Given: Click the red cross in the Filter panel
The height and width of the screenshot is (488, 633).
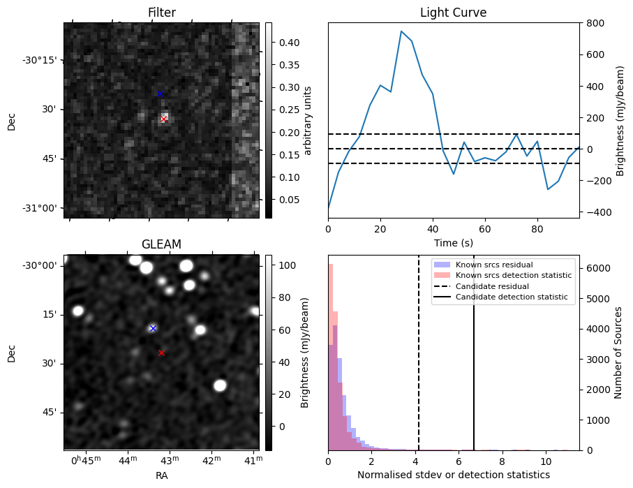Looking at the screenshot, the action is point(163,119).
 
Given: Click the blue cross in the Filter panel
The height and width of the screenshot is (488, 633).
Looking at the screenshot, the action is point(160,94).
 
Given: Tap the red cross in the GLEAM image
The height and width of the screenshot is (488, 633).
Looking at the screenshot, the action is point(161,353).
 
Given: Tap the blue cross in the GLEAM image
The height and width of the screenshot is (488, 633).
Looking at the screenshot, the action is point(153,328).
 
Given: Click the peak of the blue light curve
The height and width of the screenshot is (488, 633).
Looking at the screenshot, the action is point(401,31).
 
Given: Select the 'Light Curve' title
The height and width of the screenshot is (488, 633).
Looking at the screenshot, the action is point(454,13).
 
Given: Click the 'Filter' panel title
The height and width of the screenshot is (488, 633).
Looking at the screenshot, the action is point(162,13).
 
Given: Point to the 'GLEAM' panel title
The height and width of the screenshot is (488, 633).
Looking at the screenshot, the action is point(161,244).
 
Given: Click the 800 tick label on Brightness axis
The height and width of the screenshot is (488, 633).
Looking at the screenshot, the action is point(595,24).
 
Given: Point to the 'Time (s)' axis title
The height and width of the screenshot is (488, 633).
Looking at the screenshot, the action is point(454,243).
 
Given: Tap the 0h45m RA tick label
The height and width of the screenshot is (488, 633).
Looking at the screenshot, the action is point(86,461).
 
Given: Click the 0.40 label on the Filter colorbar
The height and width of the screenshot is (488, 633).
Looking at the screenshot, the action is point(289,43).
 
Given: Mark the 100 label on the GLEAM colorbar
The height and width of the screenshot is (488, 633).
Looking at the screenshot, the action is point(287,265).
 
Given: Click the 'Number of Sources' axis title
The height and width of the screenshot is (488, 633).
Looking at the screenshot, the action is point(618,353).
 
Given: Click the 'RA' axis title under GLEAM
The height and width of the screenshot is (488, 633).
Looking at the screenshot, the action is point(161,475).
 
